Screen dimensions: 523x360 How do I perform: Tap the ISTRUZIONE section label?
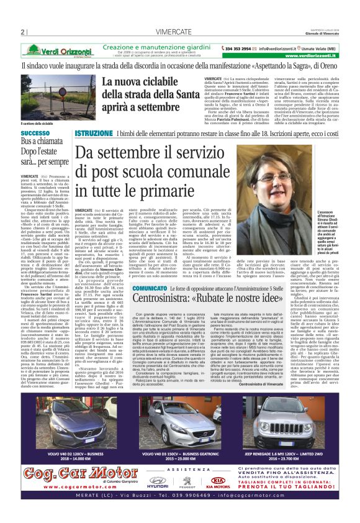[x=93, y=134]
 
